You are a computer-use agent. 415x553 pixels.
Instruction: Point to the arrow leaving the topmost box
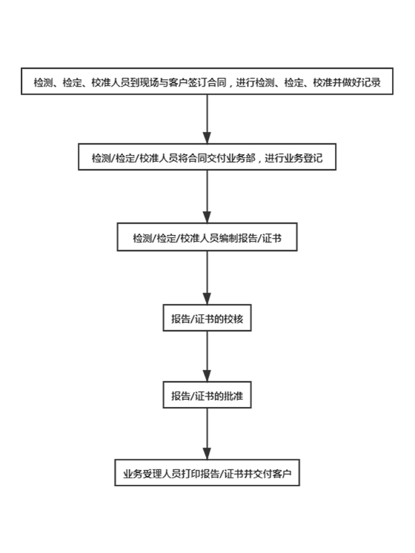[207, 119]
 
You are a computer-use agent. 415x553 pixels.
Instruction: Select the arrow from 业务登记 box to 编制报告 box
[207, 196]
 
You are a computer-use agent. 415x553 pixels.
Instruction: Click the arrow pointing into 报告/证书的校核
[207, 278]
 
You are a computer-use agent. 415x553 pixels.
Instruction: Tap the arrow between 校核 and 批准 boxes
[207, 357]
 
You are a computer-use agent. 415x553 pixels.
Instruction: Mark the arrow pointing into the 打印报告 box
[207, 434]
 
